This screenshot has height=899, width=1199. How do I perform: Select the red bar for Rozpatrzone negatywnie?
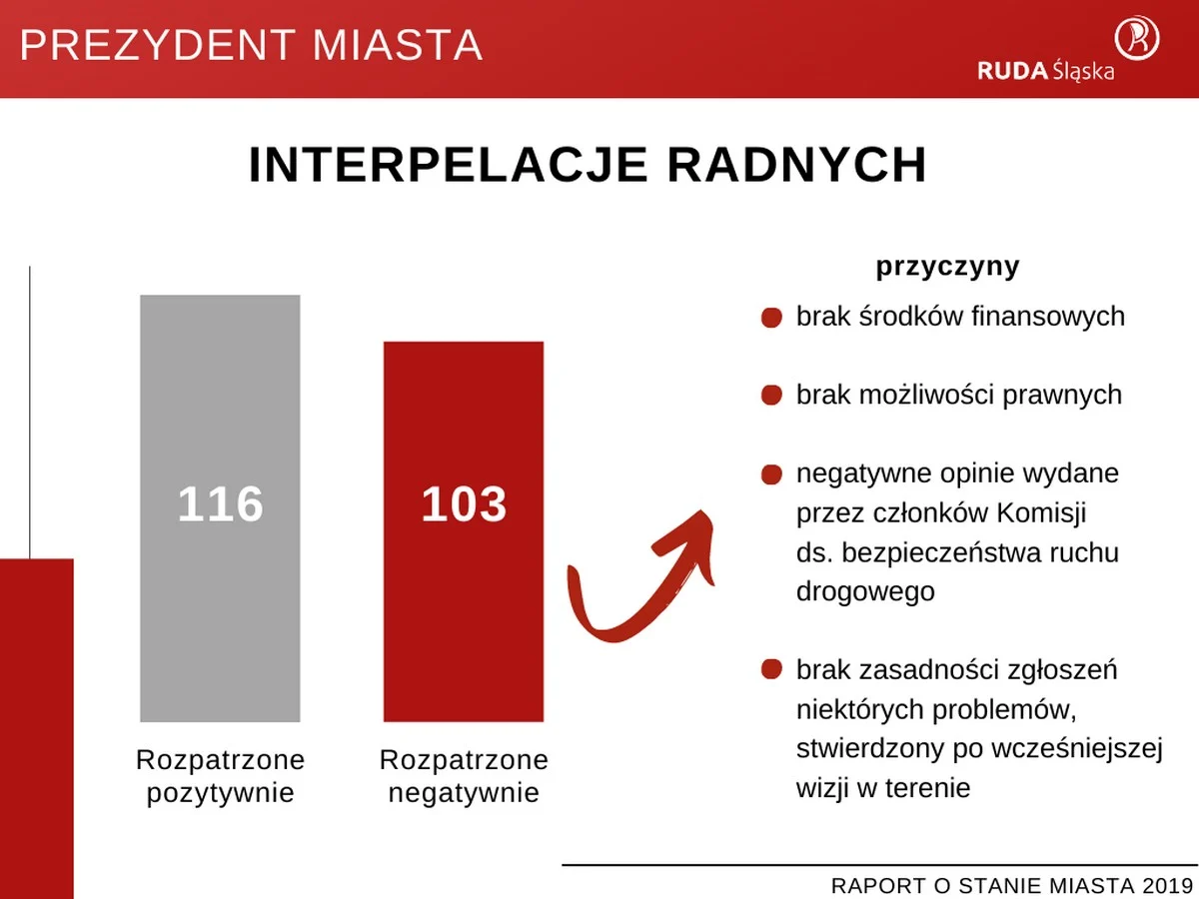point(464,619)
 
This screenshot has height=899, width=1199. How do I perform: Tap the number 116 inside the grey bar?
point(220,504)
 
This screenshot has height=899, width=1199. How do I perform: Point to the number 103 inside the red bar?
point(464,504)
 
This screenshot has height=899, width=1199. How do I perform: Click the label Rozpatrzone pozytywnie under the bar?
point(220,776)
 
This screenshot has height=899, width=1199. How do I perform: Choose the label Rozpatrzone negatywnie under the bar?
point(464,776)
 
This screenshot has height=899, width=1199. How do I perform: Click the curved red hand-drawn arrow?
point(639,579)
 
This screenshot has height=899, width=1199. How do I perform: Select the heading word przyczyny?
point(947,267)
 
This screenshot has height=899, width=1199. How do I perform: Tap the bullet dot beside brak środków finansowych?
point(771,318)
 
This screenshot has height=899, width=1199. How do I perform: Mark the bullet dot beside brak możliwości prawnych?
point(771,396)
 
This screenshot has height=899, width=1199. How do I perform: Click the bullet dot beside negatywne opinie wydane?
point(771,473)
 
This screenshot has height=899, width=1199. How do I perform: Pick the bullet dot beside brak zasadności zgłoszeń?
point(771,669)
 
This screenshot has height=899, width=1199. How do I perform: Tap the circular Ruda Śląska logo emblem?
point(1137,38)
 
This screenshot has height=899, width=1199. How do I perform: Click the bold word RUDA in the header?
point(1012,70)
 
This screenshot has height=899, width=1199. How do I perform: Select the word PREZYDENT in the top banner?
point(159,46)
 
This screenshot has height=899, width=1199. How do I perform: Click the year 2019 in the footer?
point(1169,885)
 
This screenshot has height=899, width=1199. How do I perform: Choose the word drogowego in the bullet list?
point(865,591)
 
